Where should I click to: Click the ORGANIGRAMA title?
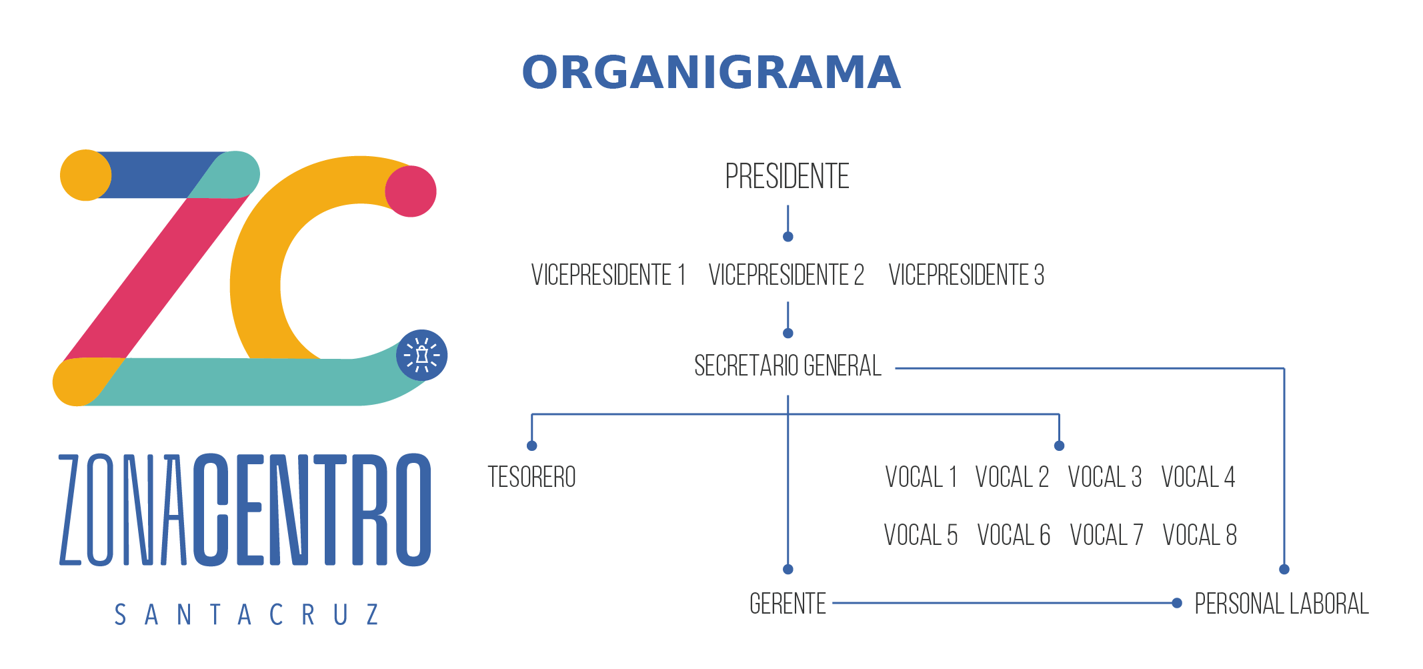[x=711, y=73]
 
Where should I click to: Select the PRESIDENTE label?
[x=787, y=177]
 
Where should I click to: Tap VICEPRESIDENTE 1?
[x=608, y=275]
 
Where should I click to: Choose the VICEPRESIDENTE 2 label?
[x=786, y=275]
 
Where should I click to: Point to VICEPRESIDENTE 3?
[x=966, y=275]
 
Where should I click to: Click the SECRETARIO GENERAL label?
[x=788, y=366]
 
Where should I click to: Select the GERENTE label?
[x=788, y=604]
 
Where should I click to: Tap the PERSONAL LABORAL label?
[x=1281, y=604]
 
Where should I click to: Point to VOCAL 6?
[x=1014, y=535]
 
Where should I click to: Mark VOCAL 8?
[x=1200, y=535]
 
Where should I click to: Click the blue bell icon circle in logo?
[x=421, y=356]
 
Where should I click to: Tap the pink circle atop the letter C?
[x=411, y=191]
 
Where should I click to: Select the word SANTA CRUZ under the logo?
[x=247, y=614]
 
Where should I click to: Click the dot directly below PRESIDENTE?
[x=788, y=237]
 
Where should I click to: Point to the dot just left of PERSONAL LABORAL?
[x=1177, y=603]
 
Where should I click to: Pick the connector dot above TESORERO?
[x=531, y=446]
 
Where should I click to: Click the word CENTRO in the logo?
[x=312, y=510]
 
